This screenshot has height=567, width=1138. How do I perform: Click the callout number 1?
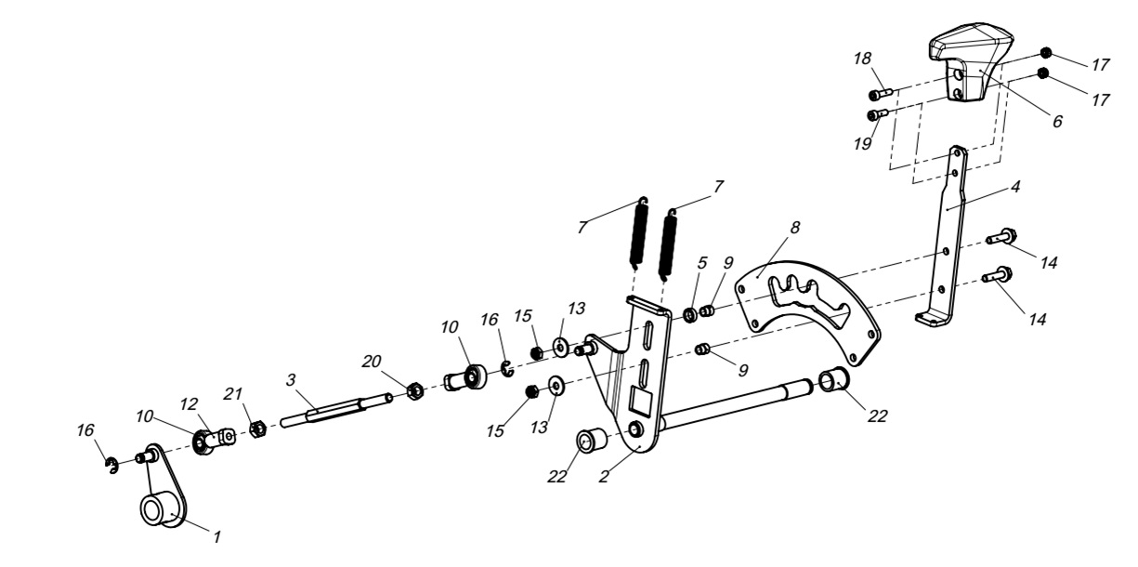tap(217, 537)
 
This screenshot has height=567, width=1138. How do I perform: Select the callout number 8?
tap(795, 226)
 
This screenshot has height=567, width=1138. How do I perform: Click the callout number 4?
tap(1016, 185)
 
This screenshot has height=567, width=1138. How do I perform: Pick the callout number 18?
tap(863, 59)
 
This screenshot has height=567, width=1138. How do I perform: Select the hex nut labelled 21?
tap(258, 429)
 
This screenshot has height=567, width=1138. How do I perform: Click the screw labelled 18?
tap(881, 94)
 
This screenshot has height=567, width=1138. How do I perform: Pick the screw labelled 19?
tap(877, 115)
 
